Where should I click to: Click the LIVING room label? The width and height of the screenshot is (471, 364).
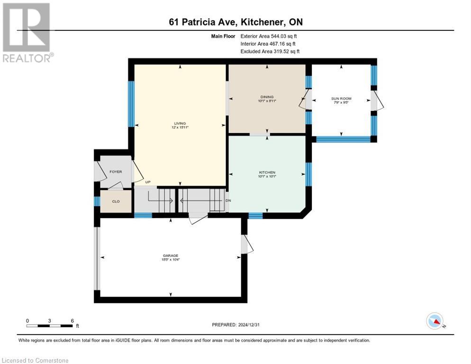point(180,123)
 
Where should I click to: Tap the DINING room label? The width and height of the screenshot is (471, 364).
point(267,97)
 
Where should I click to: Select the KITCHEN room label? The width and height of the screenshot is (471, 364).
point(267,173)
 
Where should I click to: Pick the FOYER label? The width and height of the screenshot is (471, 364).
point(116,172)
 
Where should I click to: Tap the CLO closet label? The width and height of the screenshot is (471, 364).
point(116,201)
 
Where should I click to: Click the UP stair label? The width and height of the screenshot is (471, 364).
point(148,182)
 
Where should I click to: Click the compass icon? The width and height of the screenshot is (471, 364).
point(435,321)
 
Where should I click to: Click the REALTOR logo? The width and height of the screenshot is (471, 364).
point(27,32)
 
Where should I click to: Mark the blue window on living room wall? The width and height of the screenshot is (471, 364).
point(131,104)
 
